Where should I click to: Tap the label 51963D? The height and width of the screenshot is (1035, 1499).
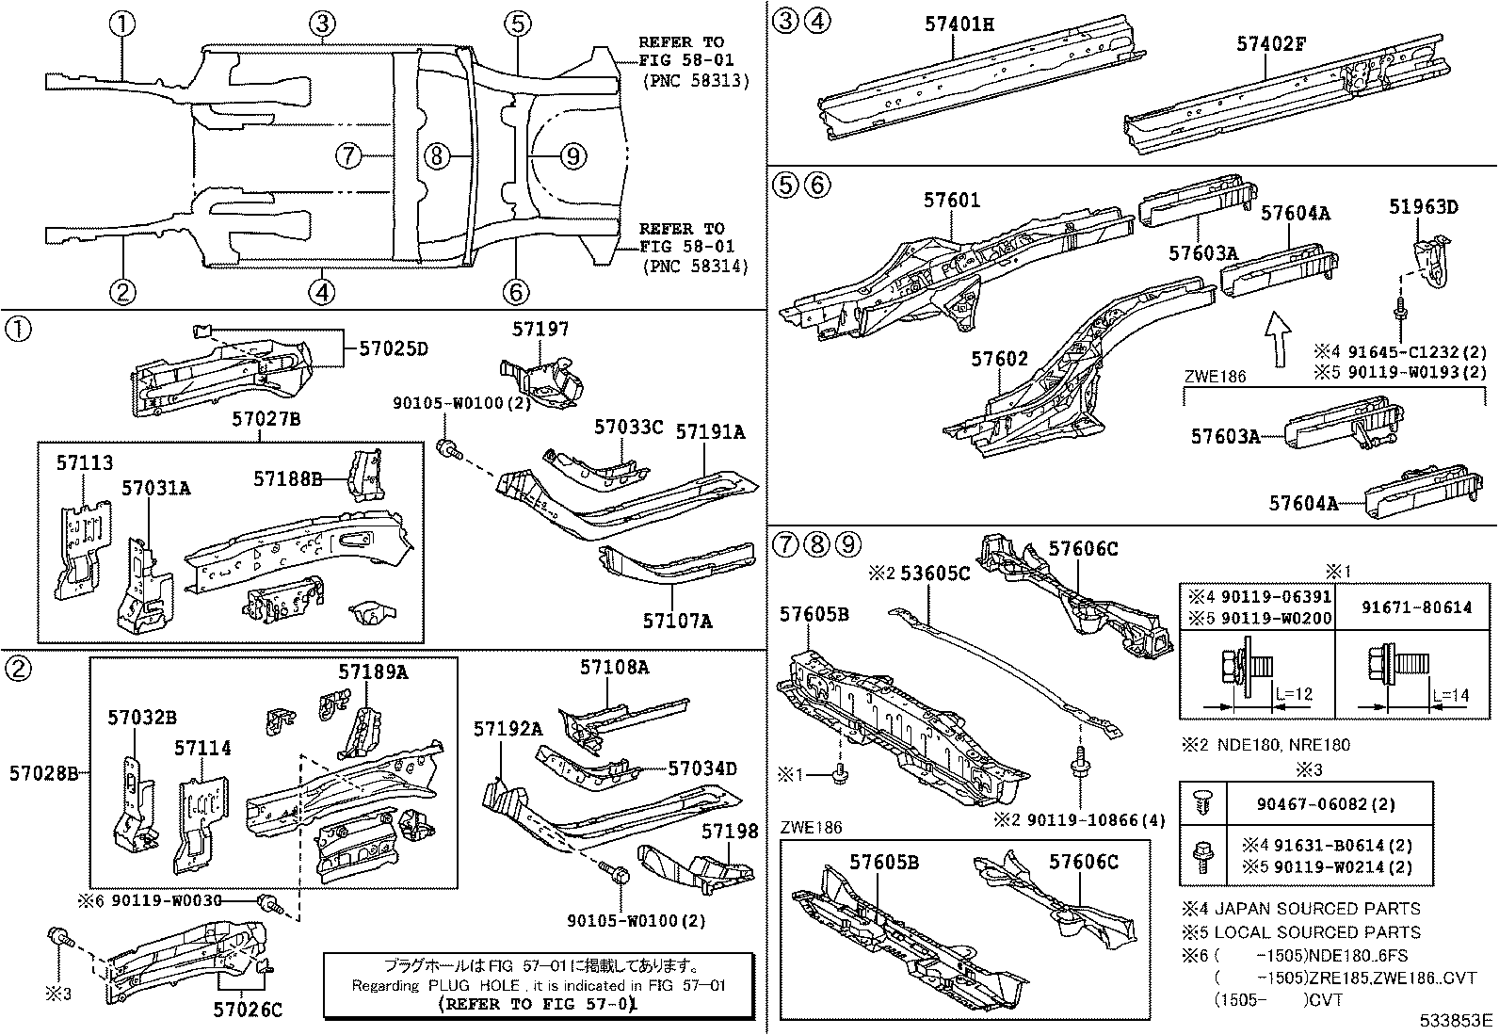(1423, 207)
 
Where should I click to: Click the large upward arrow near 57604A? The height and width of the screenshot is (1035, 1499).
(1277, 341)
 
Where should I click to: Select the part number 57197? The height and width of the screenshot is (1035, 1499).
(540, 329)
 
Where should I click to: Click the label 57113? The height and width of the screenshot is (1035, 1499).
(84, 462)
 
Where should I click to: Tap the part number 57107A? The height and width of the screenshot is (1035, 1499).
(677, 622)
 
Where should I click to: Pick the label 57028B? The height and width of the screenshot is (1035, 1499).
(44, 774)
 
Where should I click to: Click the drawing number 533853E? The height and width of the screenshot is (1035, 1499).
(1458, 1020)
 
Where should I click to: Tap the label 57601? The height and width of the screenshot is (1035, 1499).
(951, 200)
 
